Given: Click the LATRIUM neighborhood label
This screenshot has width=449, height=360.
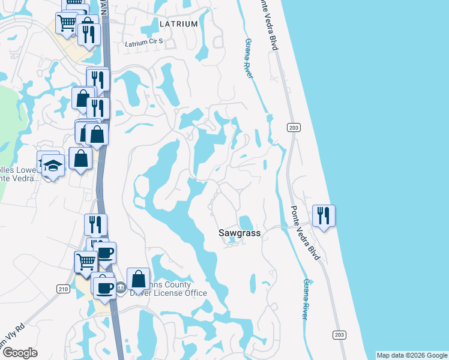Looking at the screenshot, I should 179,24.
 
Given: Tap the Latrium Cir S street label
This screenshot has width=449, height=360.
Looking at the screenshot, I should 147,44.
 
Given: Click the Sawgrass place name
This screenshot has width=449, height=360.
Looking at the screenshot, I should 239,233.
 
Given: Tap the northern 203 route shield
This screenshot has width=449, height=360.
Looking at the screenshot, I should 294,127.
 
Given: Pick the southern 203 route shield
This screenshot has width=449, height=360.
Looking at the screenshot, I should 339,334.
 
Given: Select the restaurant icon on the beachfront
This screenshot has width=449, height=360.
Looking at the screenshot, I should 324,216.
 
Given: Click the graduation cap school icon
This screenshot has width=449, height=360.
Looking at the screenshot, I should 53,166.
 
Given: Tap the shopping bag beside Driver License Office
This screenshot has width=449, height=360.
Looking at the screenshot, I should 139,278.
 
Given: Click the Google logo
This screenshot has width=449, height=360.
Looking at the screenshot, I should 20,353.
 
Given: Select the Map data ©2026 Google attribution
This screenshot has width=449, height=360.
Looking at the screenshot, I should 412,355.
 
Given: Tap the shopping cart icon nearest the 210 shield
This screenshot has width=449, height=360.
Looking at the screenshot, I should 86,262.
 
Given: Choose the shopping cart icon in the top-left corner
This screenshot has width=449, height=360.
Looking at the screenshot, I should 67,23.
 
